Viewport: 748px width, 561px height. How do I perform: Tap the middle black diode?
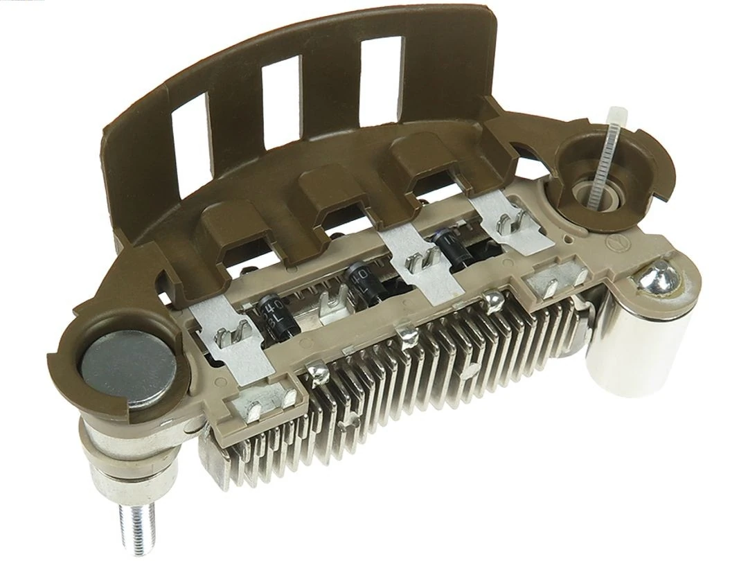click(360, 277)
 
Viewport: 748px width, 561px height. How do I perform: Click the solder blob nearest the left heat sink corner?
click(320, 374)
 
